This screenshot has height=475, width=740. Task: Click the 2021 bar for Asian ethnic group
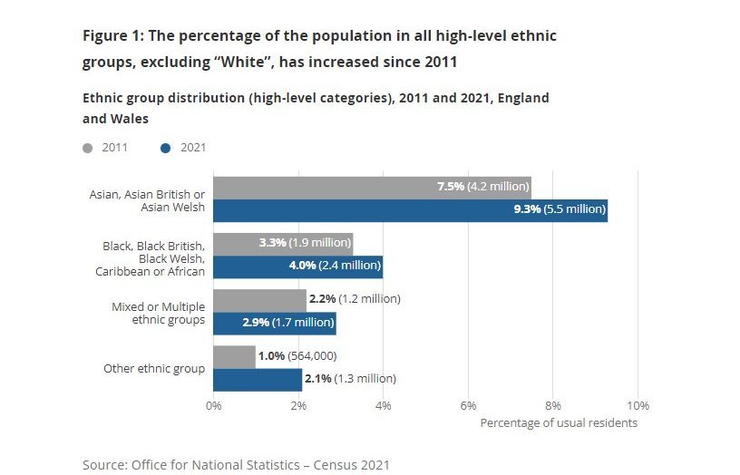[x=363, y=210]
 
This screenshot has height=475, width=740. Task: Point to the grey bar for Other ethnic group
[x=234, y=356]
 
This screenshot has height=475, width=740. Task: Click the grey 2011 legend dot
[x=88, y=148]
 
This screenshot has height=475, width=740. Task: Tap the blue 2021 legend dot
[x=165, y=148]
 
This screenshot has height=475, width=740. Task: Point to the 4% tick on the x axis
[x=383, y=405]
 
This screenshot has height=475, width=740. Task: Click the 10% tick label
[x=638, y=405]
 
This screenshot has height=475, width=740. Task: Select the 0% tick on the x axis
[x=214, y=405]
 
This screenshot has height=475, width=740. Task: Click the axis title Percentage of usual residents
[x=559, y=422]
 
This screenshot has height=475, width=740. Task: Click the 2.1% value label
[x=319, y=380]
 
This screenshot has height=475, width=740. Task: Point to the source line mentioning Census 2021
[x=236, y=464]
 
